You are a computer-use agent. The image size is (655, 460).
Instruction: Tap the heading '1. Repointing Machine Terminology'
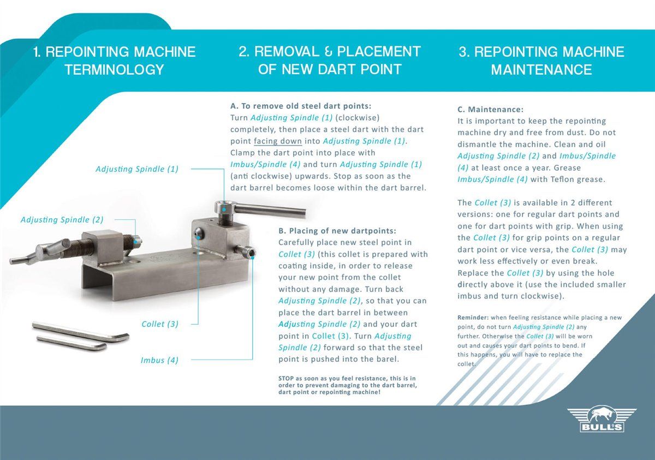point(114,61)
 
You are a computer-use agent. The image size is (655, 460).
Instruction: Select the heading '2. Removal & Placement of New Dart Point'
point(330,61)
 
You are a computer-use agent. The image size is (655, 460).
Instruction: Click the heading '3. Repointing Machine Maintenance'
point(541,61)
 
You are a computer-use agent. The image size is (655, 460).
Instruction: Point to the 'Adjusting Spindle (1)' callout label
point(137,169)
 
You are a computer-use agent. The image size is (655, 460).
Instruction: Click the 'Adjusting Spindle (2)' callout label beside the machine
point(62,220)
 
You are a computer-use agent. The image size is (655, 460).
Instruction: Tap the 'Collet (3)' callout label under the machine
point(160,324)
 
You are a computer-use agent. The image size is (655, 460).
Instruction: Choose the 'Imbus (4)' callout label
point(159,360)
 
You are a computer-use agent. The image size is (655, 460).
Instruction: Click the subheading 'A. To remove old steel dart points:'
point(301,106)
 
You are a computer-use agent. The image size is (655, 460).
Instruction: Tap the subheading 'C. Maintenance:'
point(490,109)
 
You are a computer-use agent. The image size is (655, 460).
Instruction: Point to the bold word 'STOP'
point(288,378)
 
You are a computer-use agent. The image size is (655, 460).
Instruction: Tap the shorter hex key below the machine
point(72,343)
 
